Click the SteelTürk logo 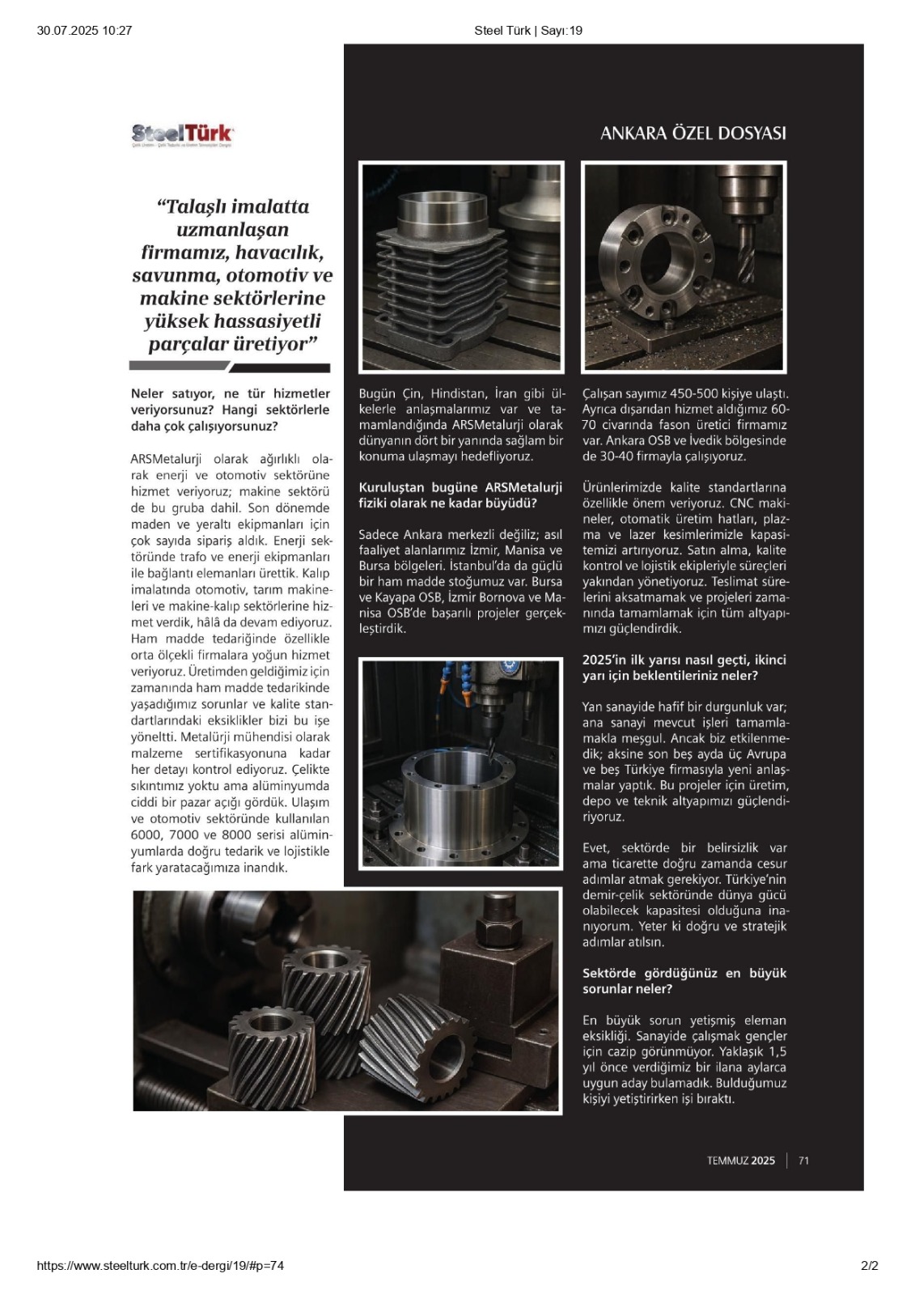click(x=182, y=134)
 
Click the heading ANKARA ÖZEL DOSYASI click(x=693, y=134)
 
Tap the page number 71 click(x=803, y=1161)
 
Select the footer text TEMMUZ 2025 click(x=740, y=1161)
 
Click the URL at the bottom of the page click(x=160, y=1266)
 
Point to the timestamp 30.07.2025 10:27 click(x=84, y=31)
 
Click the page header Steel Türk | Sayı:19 click(x=527, y=31)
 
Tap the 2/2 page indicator click(x=869, y=1266)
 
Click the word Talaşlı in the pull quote click(x=197, y=206)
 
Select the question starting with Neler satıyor click(x=230, y=410)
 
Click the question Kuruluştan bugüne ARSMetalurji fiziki click(x=460, y=495)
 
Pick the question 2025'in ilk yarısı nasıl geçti click(x=684, y=667)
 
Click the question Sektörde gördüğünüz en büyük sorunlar click(x=684, y=980)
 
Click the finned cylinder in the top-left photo click(x=437, y=275)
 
